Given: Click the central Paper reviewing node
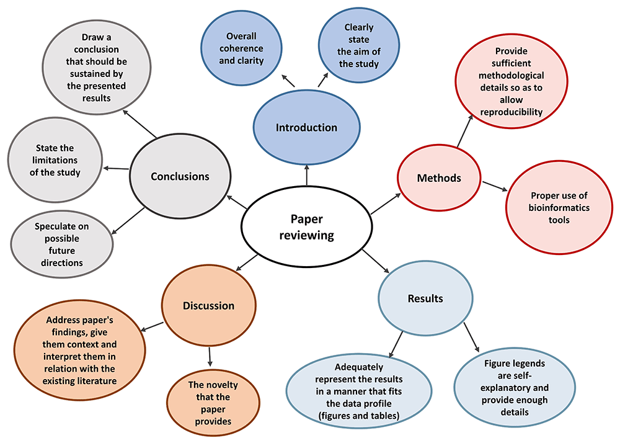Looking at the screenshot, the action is click(x=306, y=226).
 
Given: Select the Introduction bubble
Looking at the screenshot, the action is click(x=306, y=127).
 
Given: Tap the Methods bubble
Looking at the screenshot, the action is click(x=439, y=177).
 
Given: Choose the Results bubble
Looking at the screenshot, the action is click(x=425, y=298).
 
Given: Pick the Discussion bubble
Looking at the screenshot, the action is click(x=208, y=306).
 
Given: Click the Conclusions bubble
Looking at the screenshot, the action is click(x=180, y=176).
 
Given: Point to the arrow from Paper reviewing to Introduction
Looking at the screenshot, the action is click(x=306, y=175).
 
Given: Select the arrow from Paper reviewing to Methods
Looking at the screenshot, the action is click(x=386, y=204).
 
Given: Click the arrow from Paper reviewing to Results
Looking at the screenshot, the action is click(x=376, y=261).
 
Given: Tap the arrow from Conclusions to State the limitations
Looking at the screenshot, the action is click(x=116, y=169).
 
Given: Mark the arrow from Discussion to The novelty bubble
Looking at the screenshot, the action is click(x=210, y=356).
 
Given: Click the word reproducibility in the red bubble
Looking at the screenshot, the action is click(x=511, y=112).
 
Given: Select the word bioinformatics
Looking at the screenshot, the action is click(x=559, y=208).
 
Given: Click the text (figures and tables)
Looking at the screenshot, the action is click(x=358, y=416).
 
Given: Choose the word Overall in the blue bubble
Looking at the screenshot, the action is click(x=241, y=36).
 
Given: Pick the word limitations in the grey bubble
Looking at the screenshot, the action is click(x=55, y=160).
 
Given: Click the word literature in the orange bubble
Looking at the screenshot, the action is click(x=98, y=381).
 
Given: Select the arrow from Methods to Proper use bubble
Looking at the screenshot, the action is click(x=495, y=186).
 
